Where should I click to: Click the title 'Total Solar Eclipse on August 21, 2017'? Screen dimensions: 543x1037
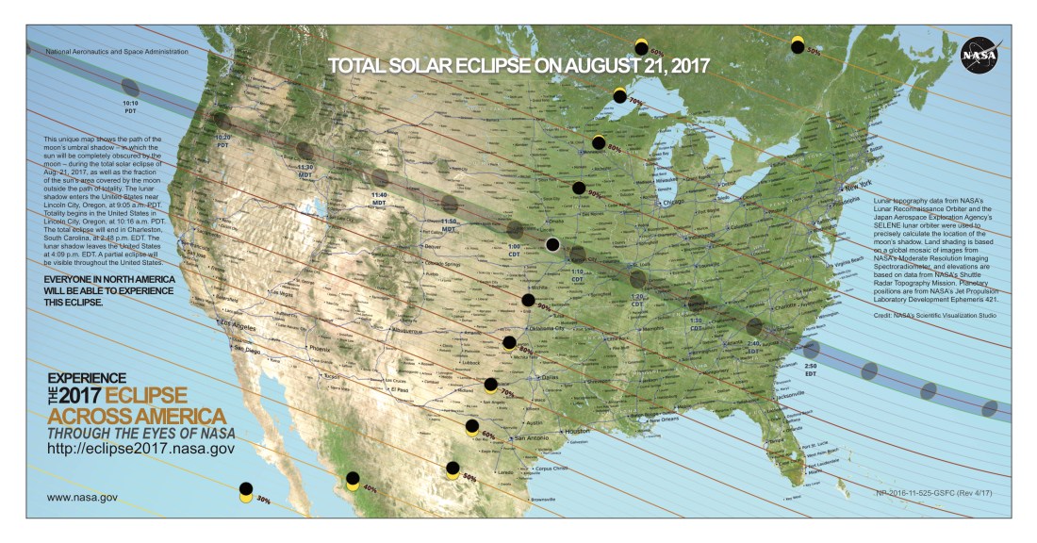pos(518,66)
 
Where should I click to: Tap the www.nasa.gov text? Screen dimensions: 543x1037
pos(82,496)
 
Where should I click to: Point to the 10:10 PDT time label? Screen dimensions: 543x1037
pos(131,107)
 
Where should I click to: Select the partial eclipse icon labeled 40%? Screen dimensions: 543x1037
pos(352,481)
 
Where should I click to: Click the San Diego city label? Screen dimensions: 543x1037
pos(247,350)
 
